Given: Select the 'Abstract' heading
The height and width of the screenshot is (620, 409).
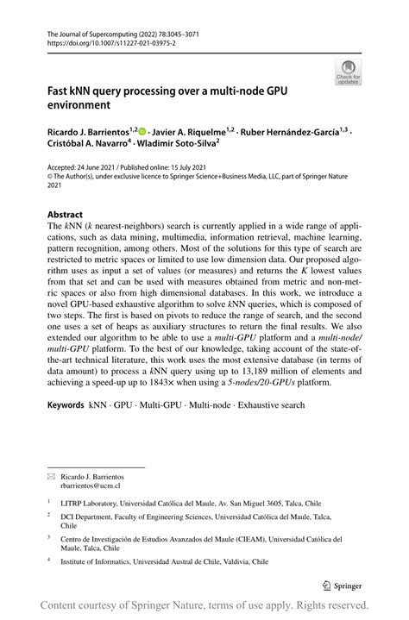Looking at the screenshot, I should (x=66, y=214).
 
